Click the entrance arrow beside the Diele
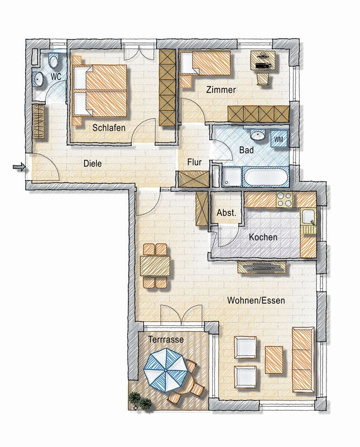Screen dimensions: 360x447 coord(19,167)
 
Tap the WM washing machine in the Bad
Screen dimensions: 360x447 coord(279,139)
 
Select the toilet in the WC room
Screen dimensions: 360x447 coord(54,61)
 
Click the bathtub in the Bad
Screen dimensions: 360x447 coord(266,177)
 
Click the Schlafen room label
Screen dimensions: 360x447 coord(109,127)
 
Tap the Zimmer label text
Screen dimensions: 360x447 coord(221,90)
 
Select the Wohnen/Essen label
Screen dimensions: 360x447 coord(256,300)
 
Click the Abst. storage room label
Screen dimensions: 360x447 coord(227,213)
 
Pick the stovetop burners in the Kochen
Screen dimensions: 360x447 coord(285,199)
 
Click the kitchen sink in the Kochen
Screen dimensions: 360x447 coord(308,217)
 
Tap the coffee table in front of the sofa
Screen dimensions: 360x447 coord(274,360)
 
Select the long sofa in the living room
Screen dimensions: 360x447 coord(303,359)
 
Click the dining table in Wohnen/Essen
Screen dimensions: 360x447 coord(155,266)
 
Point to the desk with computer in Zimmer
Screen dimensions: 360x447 coord(263,60)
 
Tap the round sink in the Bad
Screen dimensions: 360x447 coord(258,135)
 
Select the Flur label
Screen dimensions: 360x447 coord(194,162)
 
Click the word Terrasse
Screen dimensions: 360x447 coord(166,340)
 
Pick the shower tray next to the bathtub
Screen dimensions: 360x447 coord(231,177)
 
